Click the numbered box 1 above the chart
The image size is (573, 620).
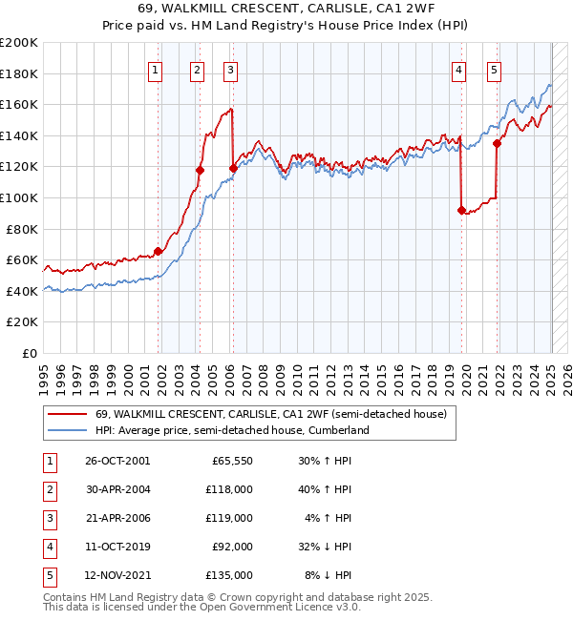(x=156, y=69)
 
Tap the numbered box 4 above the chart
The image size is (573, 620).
(x=459, y=69)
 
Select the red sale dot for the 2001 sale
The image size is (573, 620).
(x=159, y=252)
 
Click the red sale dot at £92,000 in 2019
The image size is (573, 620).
(x=461, y=210)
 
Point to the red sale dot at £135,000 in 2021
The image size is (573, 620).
(x=497, y=144)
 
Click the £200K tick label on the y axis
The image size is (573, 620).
(x=19, y=43)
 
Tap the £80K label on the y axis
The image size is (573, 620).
(x=23, y=229)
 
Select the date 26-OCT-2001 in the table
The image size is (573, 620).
(x=117, y=461)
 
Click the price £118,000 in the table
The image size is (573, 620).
(x=230, y=489)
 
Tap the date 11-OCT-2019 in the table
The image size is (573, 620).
(x=117, y=547)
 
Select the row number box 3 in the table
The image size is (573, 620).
(x=48, y=518)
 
